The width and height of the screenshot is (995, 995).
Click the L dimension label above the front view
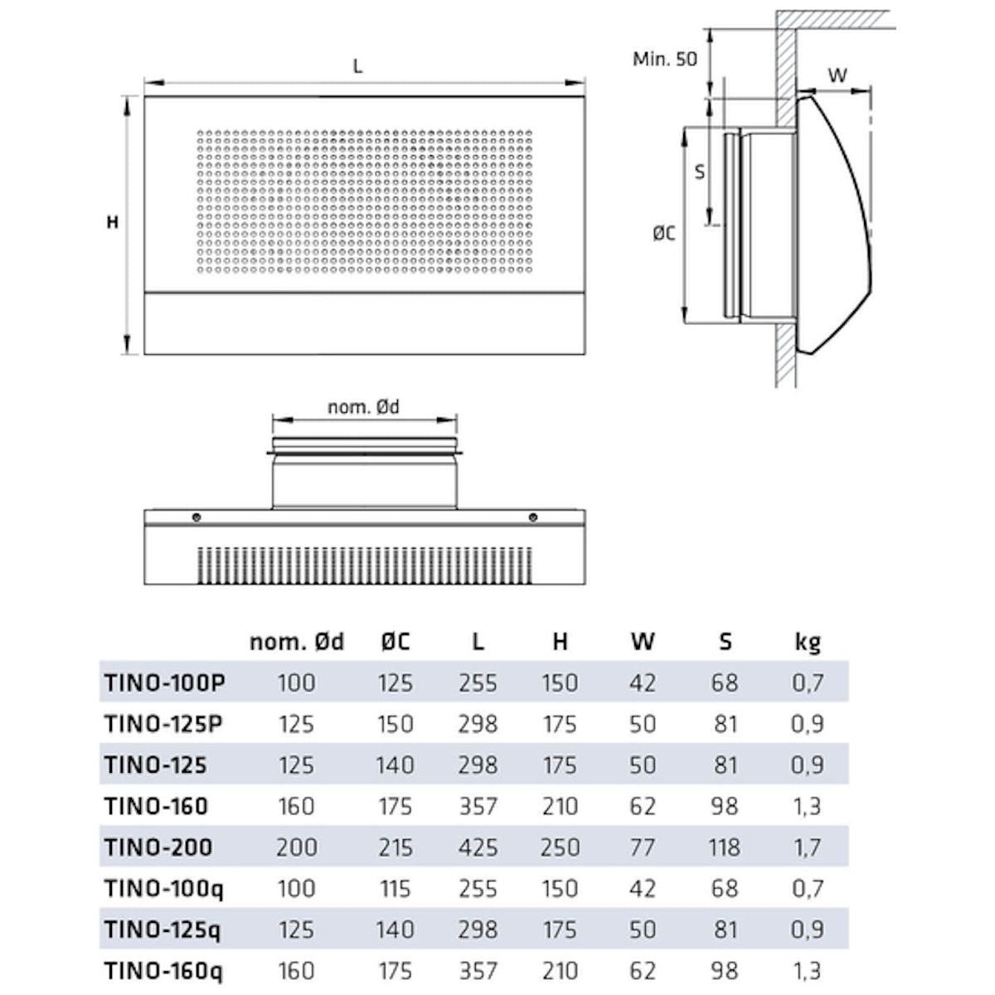(x=357, y=67)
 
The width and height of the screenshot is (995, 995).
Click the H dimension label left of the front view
(x=113, y=222)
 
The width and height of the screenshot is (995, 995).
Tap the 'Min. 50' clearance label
(x=664, y=59)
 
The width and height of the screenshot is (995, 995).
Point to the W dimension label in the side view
(x=838, y=75)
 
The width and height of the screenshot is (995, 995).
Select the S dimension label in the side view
(x=700, y=172)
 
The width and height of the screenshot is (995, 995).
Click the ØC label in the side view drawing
(x=663, y=235)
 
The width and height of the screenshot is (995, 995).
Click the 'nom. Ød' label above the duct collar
(x=363, y=406)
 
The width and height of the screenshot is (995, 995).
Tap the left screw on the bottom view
(x=196, y=518)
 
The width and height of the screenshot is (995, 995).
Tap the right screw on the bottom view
(x=532, y=518)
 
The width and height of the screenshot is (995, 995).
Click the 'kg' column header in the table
(x=806, y=641)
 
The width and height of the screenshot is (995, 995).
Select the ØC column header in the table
(x=395, y=641)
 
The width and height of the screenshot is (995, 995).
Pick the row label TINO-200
(x=158, y=847)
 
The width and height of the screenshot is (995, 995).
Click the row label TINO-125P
(x=166, y=723)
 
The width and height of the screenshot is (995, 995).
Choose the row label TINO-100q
(x=164, y=889)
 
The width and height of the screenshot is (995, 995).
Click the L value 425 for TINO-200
(x=478, y=847)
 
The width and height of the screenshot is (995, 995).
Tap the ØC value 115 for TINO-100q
(x=395, y=889)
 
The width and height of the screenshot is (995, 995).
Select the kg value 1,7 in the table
(x=806, y=847)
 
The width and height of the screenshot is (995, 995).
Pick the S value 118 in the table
(x=725, y=847)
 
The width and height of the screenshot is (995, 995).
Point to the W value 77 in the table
(x=643, y=847)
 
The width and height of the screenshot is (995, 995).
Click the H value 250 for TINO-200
(x=560, y=847)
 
